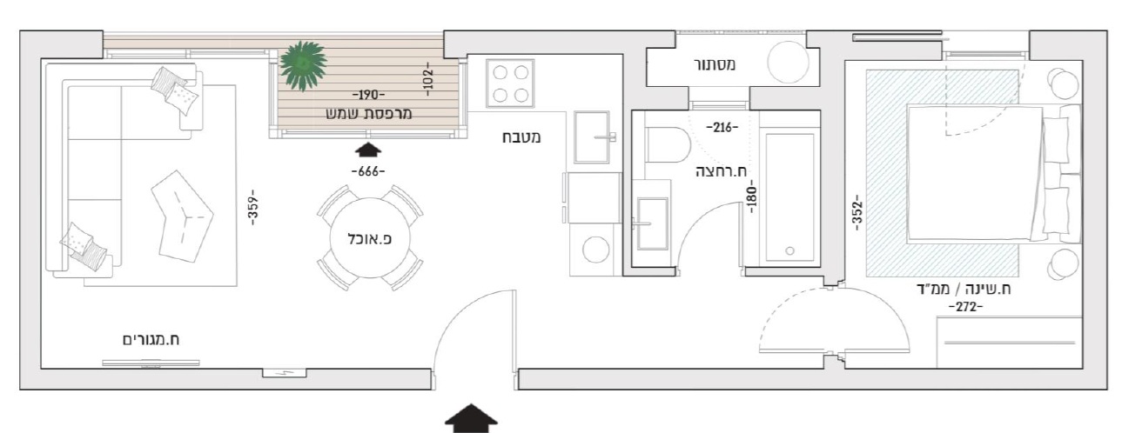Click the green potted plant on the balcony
(x=303, y=65)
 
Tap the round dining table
(x=370, y=238)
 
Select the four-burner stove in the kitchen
(x=510, y=83)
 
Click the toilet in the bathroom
(x=666, y=145)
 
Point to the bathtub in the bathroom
(x=789, y=197)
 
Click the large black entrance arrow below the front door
(x=471, y=418)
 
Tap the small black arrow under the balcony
(x=367, y=150)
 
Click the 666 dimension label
(x=368, y=171)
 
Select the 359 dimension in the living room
(x=253, y=207)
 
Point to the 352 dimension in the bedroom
(x=857, y=212)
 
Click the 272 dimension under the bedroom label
(x=965, y=307)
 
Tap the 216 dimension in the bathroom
(x=722, y=127)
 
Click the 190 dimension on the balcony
(x=368, y=96)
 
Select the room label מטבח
(x=521, y=137)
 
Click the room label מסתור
(x=715, y=65)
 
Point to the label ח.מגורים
(x=151, y=340)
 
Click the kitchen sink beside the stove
(x=592, y=137)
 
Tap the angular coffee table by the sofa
(x=182, y=216)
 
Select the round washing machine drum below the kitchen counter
(x=596, y=250)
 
